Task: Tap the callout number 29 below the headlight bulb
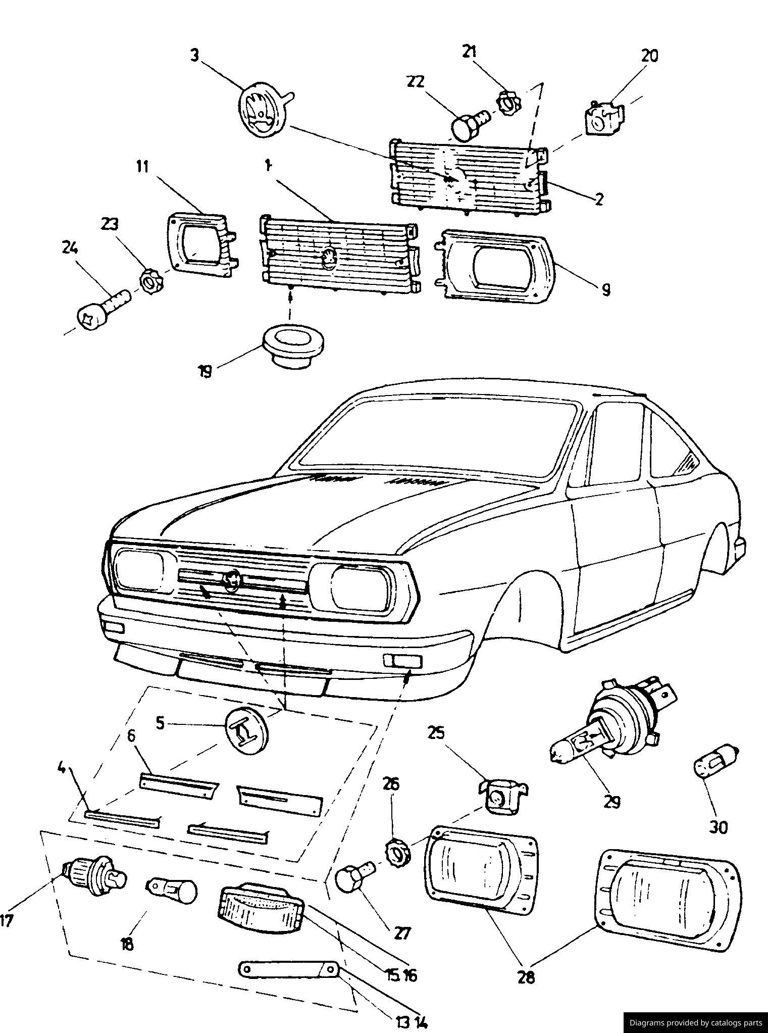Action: point(612,802)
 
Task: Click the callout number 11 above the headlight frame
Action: point(142,166)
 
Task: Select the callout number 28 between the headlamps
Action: point(526,978)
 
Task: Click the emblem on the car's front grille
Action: point(232,580)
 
